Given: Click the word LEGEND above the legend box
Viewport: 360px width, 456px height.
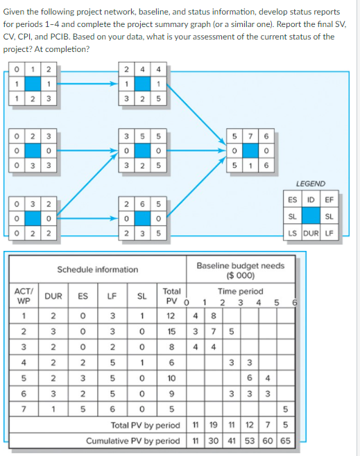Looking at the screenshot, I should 309,184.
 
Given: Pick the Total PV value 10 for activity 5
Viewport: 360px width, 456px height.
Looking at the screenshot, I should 171,378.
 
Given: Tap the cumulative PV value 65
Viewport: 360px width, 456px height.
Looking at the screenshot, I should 284,441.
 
